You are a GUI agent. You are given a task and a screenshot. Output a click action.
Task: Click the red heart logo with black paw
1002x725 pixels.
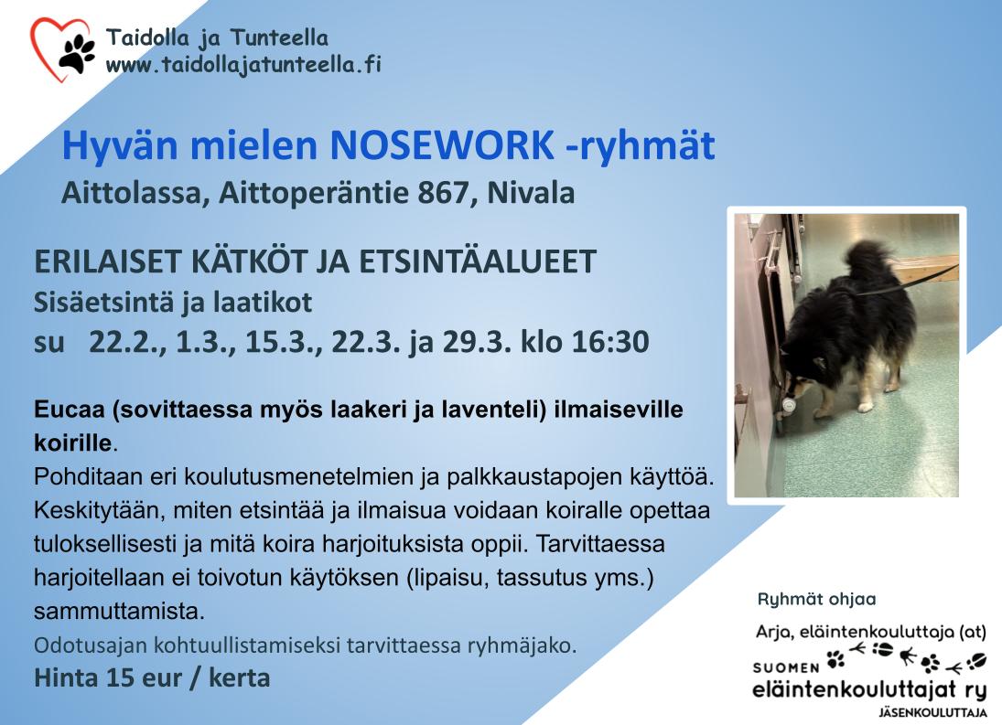point(62,49)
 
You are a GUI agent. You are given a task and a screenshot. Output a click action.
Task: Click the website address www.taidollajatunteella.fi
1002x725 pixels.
point(243,65)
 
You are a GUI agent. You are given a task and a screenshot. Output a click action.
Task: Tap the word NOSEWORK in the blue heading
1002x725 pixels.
point(442,145)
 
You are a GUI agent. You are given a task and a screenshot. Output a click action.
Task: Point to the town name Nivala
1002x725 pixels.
point(531,193)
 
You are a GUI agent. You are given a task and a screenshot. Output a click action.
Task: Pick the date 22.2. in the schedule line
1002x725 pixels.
point(127,342)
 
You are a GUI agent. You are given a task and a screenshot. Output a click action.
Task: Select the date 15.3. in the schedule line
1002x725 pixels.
point(284,342)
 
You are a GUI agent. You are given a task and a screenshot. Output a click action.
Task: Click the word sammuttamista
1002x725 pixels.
point(120,612)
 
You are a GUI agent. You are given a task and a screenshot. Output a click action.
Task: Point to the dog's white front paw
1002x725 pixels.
point(866,403)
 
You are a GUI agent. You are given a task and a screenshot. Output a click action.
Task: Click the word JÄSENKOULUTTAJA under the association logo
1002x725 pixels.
point(933,713)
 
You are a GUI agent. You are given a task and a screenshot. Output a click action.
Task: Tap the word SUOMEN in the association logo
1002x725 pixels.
point(786,668)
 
